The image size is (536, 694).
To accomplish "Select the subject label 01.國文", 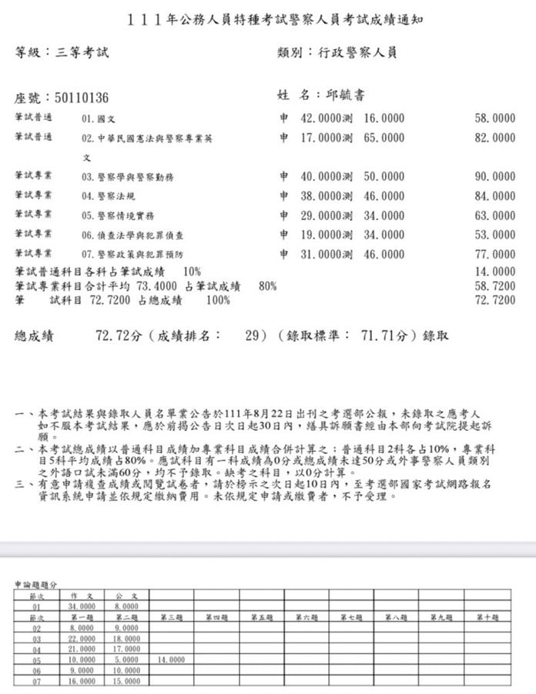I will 98,119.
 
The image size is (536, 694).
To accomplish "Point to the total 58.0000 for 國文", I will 494,119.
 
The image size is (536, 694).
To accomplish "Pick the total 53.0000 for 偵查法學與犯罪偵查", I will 494,234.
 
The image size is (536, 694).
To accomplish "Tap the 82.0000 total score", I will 494,138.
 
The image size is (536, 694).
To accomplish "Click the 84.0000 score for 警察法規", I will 494,196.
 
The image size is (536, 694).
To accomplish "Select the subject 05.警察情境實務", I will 118,215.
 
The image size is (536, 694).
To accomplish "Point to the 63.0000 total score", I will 494,215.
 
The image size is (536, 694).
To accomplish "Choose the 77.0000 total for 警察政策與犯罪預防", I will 494,253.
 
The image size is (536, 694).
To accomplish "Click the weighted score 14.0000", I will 494,272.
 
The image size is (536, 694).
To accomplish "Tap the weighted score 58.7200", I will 494,285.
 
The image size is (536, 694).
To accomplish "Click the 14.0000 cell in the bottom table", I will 171,660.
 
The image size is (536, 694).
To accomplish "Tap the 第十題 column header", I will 487,617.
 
